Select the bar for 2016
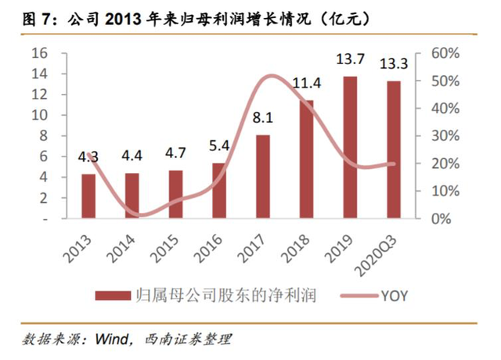[219, 190]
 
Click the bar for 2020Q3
[394, 149]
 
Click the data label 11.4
[307, 84]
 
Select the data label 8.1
[263, 119]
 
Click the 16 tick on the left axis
[40, 53]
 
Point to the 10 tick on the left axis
[40, 115]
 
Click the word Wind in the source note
[111, 340]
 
